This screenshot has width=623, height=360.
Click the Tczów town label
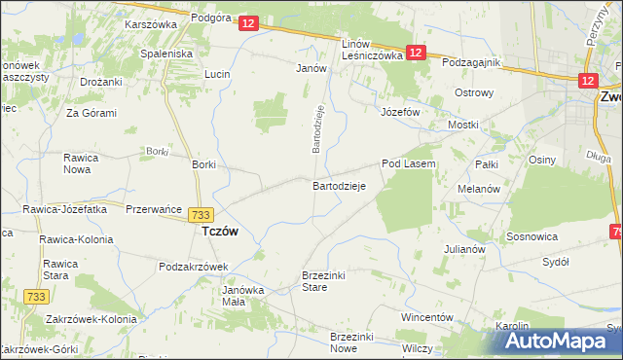click(219, 233)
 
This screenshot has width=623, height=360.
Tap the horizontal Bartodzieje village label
click(338, 185)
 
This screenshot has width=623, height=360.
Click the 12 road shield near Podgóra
click(248, 22)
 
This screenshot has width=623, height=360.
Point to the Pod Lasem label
click(408, 164)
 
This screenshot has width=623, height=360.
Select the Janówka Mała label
click(243, 296)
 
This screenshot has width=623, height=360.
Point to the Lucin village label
click(217, 74)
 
